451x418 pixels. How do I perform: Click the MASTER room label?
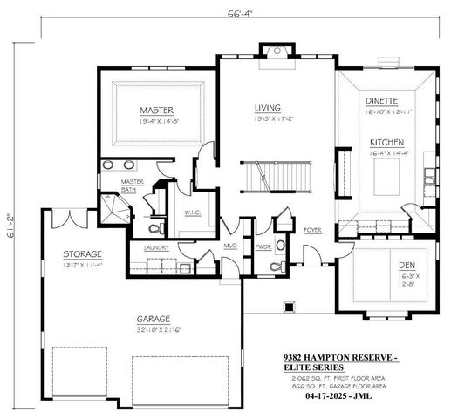[x=157, y=111]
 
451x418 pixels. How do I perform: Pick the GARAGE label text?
[x=153, y=319]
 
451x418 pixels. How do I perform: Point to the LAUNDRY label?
[x=156, y=247]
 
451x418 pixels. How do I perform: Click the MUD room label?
[x=230, y=246]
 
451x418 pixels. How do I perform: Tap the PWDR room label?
[x=263, y=246]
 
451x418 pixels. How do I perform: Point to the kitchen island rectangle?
[x=385, y=179]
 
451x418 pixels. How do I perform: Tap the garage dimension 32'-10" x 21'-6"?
[x=153, y=329]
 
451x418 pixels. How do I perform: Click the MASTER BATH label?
[x=133, y=185]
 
